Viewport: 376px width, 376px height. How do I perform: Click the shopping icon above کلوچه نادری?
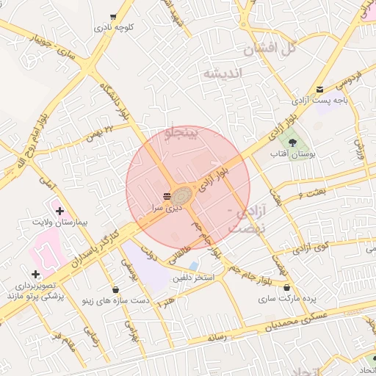(x=112, y=16)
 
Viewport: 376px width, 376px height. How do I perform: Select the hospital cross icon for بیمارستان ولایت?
(x=59, y=211)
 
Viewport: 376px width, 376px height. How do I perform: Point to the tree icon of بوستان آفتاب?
(x=293, y=142)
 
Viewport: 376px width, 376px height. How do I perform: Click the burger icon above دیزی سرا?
(x=167, y=196)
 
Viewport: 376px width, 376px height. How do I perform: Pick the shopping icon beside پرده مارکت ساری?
(x=286, y=288)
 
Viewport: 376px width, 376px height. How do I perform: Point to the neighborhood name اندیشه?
(x=223, y=73)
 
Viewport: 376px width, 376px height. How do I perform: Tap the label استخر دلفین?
(x=193, y=278)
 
